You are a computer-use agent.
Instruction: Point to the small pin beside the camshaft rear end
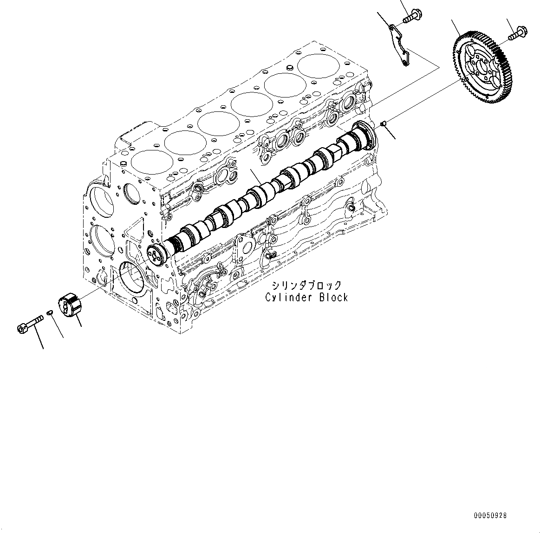pyautogui.click(x=384, y=123)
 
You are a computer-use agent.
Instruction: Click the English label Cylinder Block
pyautogui.click(x=306, y=298)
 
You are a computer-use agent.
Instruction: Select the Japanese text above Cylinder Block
pyautogui.click(x=306, y=286)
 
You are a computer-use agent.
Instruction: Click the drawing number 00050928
pyautogui.click(x=490, y=515)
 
